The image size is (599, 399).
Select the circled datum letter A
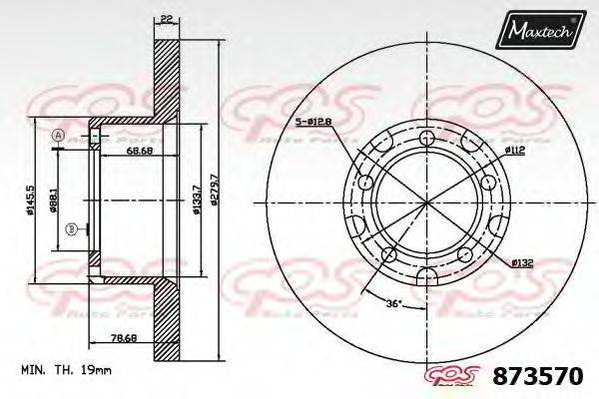(57, 136)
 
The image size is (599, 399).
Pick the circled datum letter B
(72, 230)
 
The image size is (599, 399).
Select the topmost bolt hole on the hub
(427, 139)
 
